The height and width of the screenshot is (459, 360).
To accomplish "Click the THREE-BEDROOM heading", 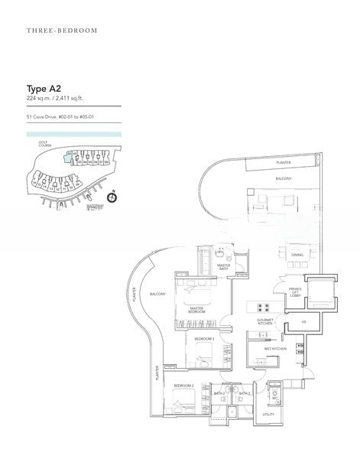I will pyautogui.click(x=62, y=31).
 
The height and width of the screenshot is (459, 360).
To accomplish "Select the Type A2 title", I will pyautogui.click(x=43, y=88).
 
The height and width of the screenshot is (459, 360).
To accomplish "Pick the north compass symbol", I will pyautogui.click(x=112, y=197).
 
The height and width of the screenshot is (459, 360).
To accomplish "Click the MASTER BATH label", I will pyautogui.click(x=224, y=266).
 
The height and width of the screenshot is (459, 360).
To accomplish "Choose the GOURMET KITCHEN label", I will pyautogui.click(x=265, y=321).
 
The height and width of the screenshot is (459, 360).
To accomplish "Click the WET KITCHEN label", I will pyautogui.click(x=274, y=349).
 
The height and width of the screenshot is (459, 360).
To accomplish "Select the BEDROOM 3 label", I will pyautogui.click(x=203, y=337).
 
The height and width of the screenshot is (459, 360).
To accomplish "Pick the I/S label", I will pyautogui.click(x=303, y=321).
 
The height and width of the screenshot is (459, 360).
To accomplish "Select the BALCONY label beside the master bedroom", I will pyautogui.click(x=157, y=294).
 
